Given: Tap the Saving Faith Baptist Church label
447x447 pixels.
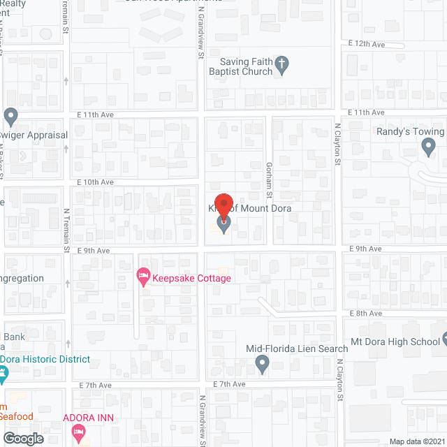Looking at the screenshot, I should (240, 66).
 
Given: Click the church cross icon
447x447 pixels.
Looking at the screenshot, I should (281, 66).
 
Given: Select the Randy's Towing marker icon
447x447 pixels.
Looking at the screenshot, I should (429, 147).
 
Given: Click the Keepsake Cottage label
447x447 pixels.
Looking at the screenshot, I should (192, 278).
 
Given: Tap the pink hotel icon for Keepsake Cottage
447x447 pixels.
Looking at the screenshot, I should (143, 278).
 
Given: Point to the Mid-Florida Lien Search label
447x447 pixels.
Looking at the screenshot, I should (297, 349).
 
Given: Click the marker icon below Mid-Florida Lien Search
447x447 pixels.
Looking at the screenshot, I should (262, 363).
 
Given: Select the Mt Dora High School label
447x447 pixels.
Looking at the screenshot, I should (395, 342).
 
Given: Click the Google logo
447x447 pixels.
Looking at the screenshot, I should (22, 439).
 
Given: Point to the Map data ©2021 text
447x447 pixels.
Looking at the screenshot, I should (416, 441).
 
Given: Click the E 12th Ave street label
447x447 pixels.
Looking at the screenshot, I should (366, 44).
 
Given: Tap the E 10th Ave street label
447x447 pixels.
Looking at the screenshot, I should (95, 182).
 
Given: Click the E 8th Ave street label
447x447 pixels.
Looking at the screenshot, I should (366, 314).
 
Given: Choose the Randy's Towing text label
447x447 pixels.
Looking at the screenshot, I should (410, 131).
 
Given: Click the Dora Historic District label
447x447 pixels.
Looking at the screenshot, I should (45, 359).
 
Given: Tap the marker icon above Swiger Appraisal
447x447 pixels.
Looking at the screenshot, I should (10, 115).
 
